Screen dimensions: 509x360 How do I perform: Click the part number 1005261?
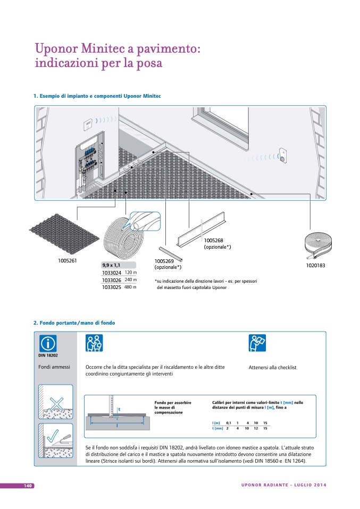click(x=68, y=260)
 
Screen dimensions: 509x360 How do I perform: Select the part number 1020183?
click(x=315, y=265)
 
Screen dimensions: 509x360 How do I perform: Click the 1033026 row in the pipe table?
click(x=112, y=280)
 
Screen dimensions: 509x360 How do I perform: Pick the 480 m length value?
click(x=130, y=287)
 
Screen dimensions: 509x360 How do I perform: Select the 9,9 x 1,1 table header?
click(x=111, y=265)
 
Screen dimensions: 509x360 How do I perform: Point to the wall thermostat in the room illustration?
click(x=87, y=125)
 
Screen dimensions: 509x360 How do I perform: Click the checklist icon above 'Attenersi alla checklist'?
click(x=257, y=344)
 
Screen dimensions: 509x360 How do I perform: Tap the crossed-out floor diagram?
click(x=55, y=402)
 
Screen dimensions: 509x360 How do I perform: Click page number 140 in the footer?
click(x=28, y=486)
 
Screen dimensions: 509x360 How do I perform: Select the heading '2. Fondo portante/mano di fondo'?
click(x=74, y=323)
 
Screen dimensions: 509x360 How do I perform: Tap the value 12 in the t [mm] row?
click(x=256, y=428)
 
